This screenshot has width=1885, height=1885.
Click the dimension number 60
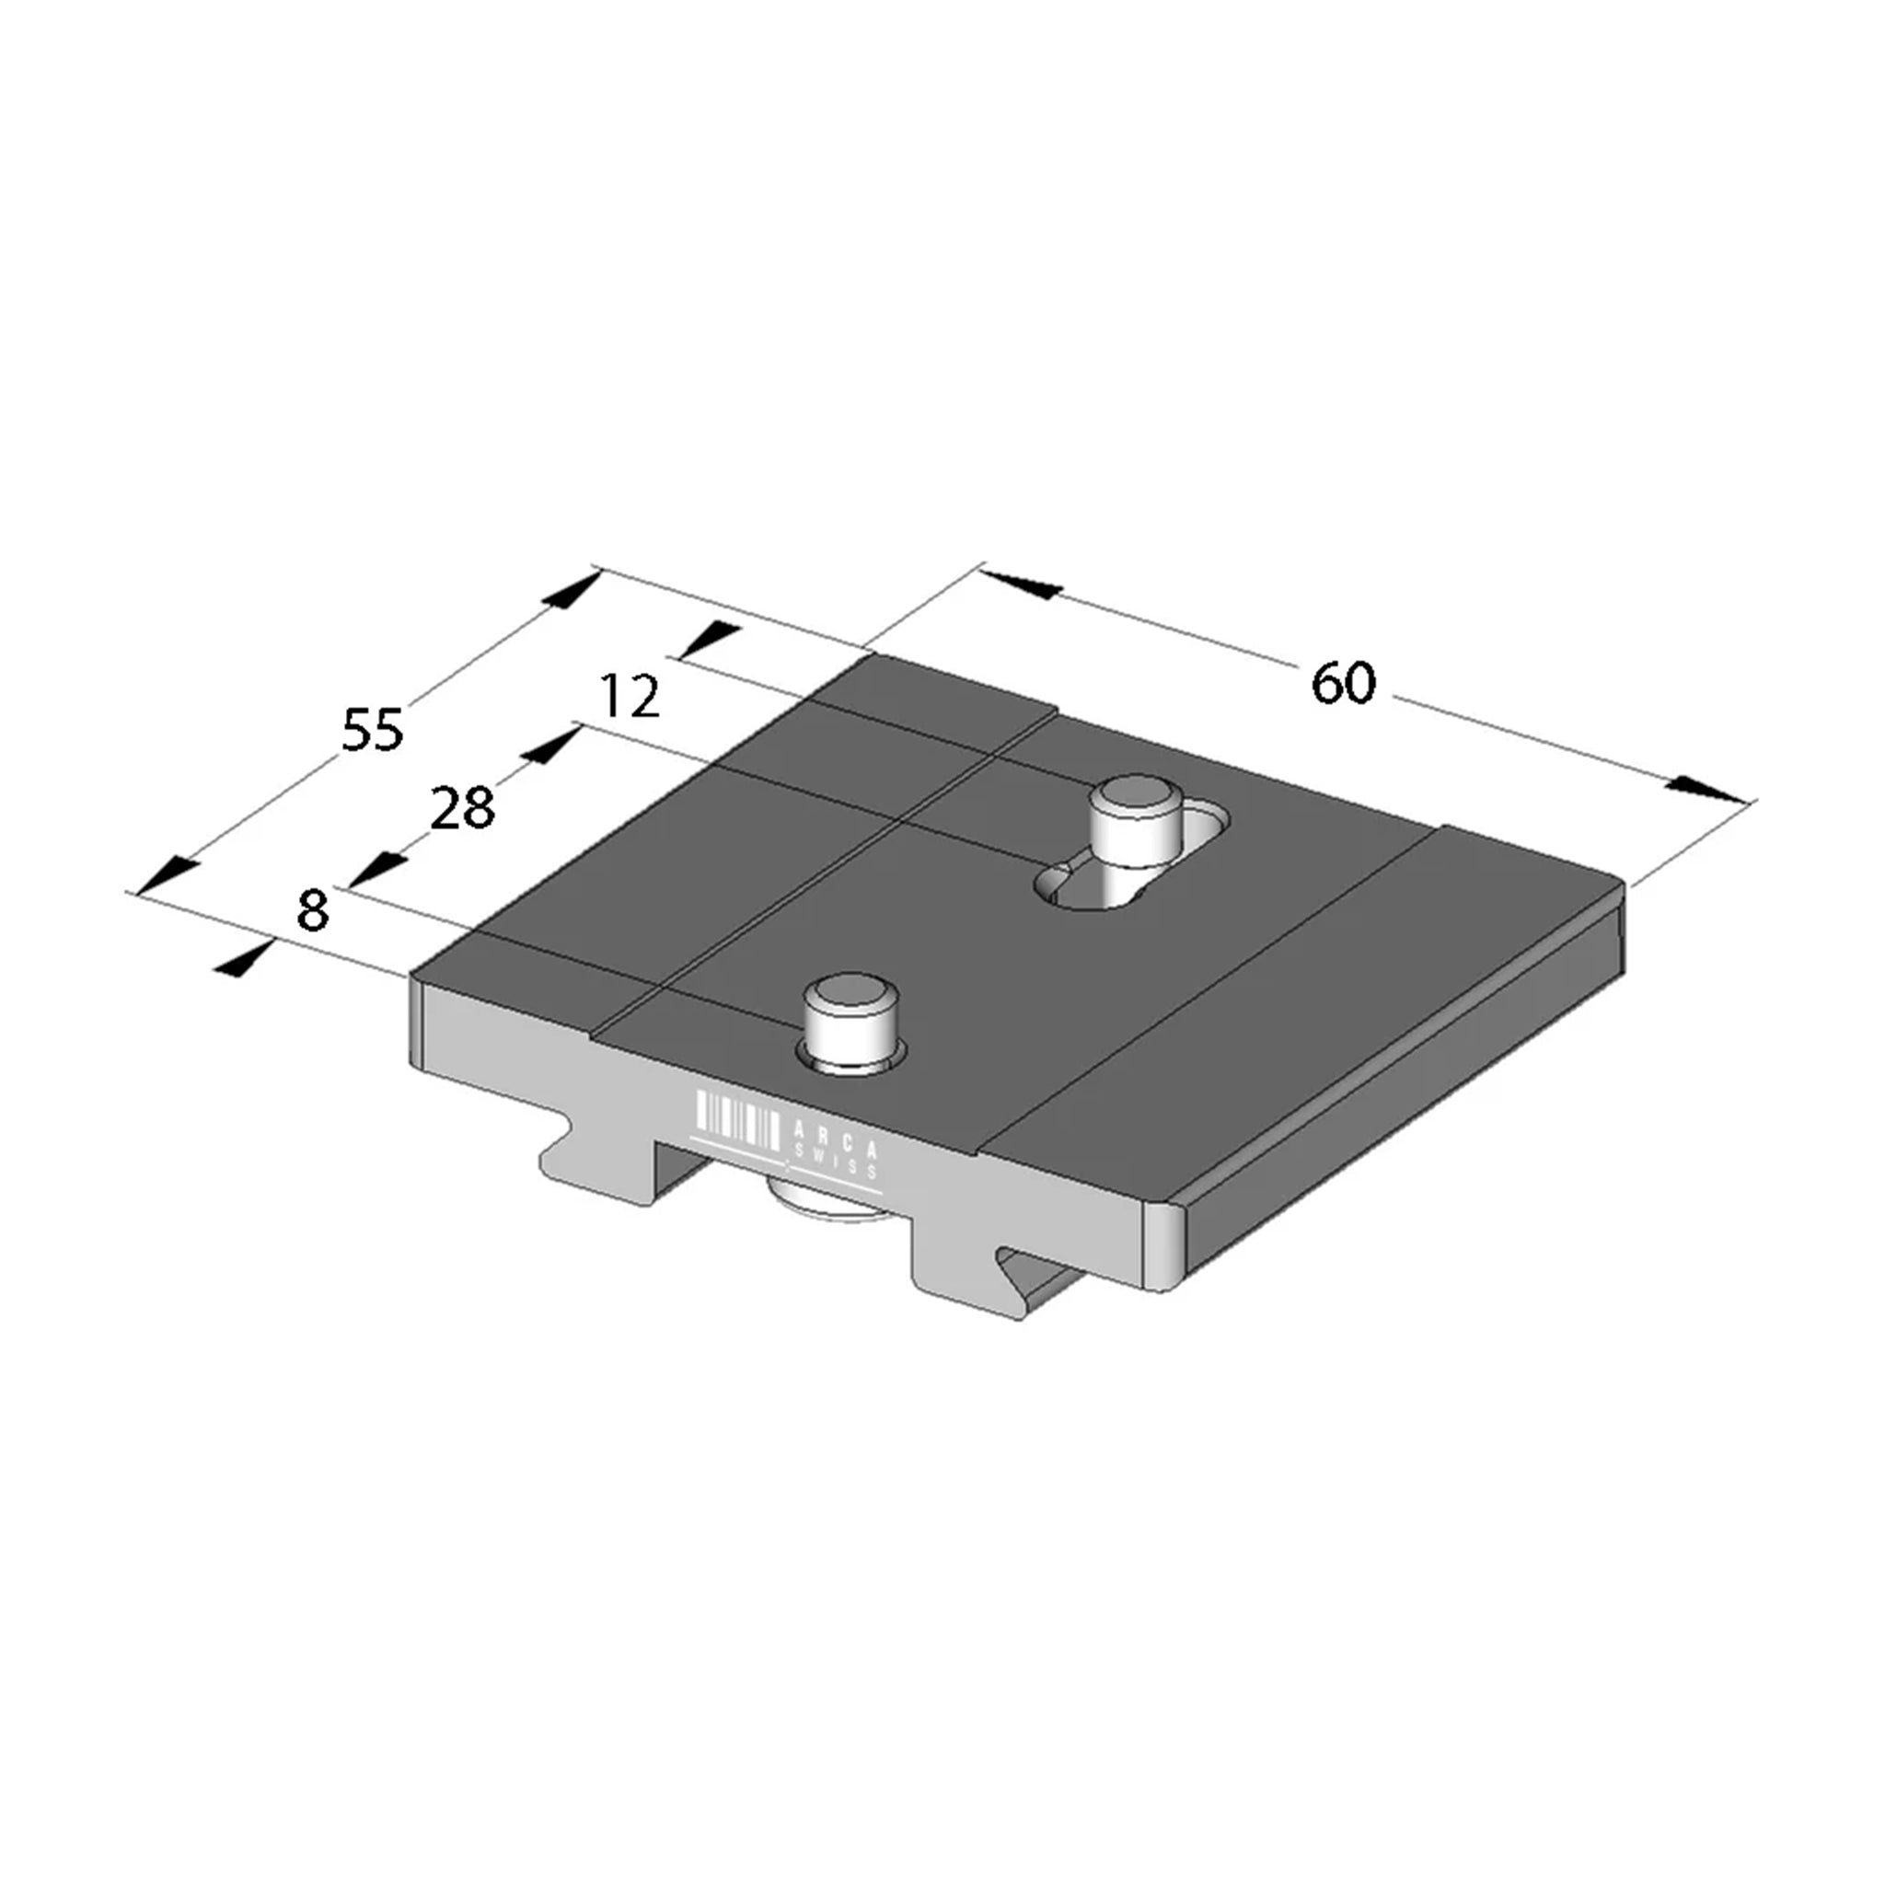click(x=1344, y=683)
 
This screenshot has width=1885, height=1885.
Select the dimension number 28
click(x=462, y=809)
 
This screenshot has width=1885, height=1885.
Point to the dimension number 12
click(x=630, y=696)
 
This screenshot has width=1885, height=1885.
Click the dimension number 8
click(x=312, y=910)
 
